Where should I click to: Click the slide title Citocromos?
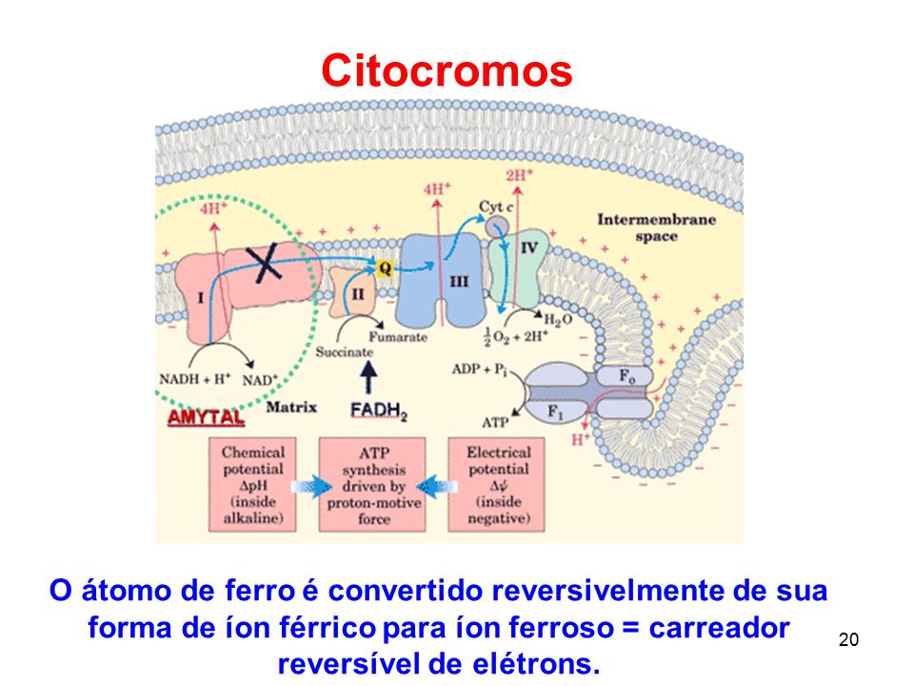(447, 71)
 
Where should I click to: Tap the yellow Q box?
(385, 268)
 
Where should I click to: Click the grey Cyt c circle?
(497, 227)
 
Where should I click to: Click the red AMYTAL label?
(206, 417)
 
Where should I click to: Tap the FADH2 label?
(379, 412)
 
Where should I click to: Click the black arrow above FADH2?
(368, 377)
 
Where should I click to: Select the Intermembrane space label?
(656, 228)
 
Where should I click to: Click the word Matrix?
(291, 407)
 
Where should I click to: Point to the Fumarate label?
(398, 337)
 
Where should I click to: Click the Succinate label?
(344, 353)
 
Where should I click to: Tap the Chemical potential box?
(252, 485)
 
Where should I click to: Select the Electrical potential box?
(497, 485)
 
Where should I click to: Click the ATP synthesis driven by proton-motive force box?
(372, 485)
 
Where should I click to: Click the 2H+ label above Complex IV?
(520, 175)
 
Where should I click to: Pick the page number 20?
(848, 640)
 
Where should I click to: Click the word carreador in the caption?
(720, 628)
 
